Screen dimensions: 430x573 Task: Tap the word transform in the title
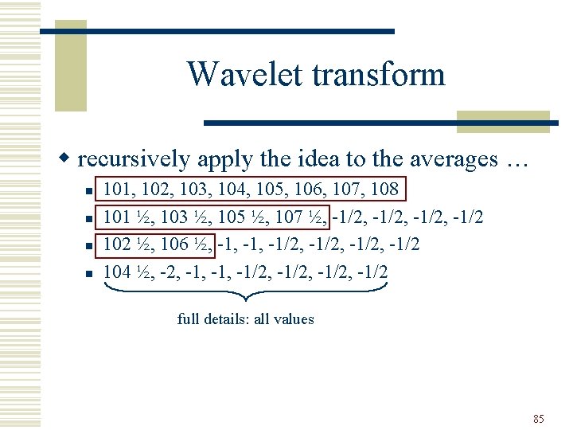click(378, 75)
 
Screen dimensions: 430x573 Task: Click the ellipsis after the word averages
click(515, 161)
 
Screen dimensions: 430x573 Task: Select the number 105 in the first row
click(264, 190)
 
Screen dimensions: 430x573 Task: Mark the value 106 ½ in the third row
click(186, 244)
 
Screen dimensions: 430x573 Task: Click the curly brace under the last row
click(245, 293)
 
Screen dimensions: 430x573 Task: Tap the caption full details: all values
click(245, 319)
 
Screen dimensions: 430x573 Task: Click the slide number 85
click(539, 419)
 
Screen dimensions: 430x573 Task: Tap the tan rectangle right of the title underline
click(503, 121)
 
